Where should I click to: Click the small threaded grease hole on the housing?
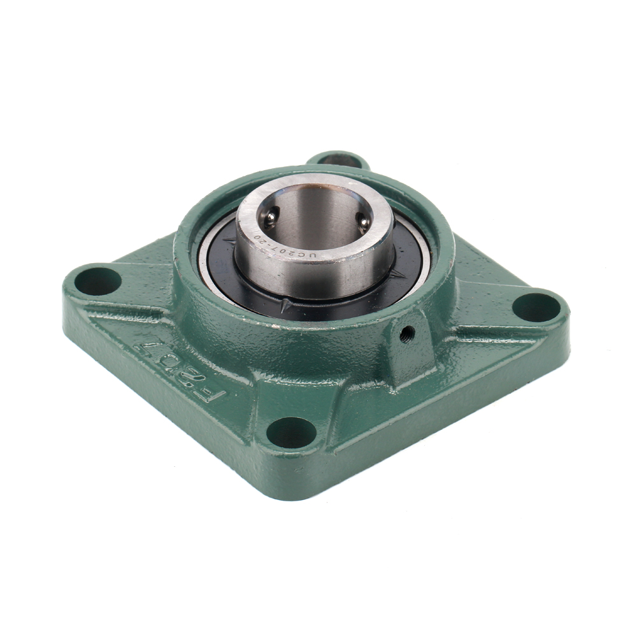407,334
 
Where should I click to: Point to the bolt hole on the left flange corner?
98,281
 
